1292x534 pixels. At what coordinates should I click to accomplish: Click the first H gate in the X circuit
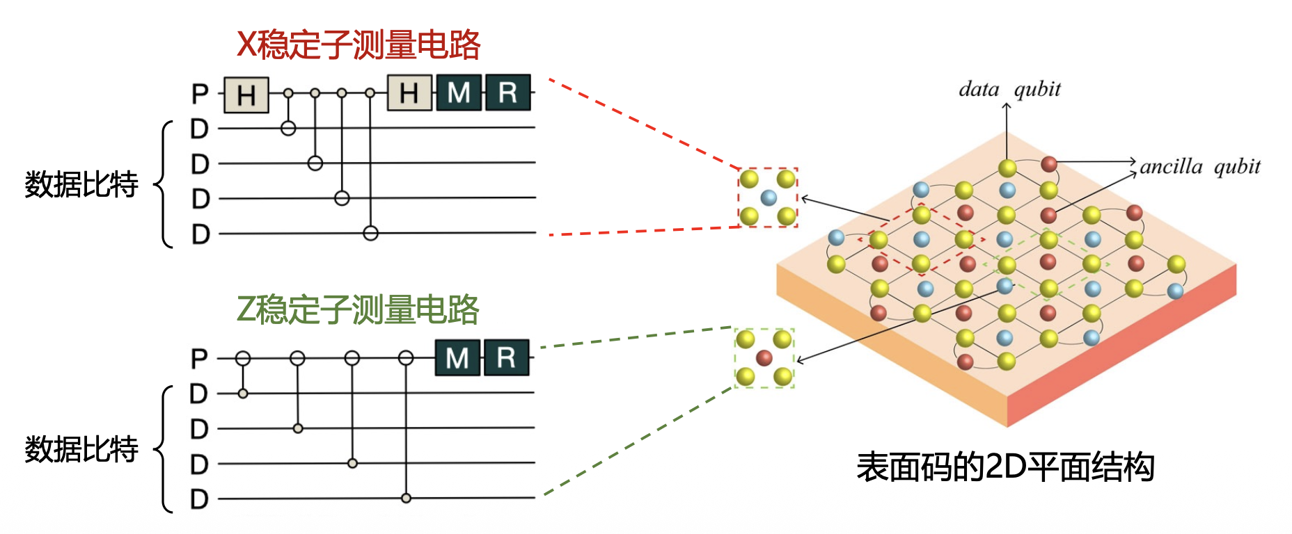click(x=246, y=95)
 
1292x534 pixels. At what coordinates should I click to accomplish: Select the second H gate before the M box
click(x=409, y=93)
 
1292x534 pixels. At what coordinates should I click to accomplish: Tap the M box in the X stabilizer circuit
click(x=459, y=93)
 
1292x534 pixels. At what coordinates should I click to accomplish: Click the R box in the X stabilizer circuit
click(x=507, y=93)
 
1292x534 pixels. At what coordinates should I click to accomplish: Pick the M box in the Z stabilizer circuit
click(x=457, y=358)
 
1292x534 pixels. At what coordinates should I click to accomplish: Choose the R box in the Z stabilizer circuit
click(x=506, y=358)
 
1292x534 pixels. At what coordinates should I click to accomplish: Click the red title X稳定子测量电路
click(x=359, y=44)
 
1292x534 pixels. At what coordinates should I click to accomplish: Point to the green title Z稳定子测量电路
click(x=358, y=310)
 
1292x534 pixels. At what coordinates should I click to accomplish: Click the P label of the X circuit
click(x=200, y=94)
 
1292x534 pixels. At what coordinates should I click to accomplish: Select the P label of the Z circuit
click(x=199, y=359)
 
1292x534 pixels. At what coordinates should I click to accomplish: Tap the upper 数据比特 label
click(x=81, y=184)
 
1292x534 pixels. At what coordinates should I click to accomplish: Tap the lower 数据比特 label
click(x=81, y=449)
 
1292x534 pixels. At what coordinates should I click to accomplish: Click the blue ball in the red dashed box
click(x=769, y=197)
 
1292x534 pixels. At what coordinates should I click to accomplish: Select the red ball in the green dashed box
click(x=764, y=358)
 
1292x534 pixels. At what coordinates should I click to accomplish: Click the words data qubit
click(x=1009, y=90)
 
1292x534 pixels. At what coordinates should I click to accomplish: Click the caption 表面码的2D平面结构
click(x=1005, y=467)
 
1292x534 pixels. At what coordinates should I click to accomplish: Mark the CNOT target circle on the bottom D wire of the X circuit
click(x=370, y=233)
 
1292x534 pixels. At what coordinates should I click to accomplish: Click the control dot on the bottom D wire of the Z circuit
click(x=406, y=498)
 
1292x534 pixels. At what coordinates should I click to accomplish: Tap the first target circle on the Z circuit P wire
click(x=242, y=358)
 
